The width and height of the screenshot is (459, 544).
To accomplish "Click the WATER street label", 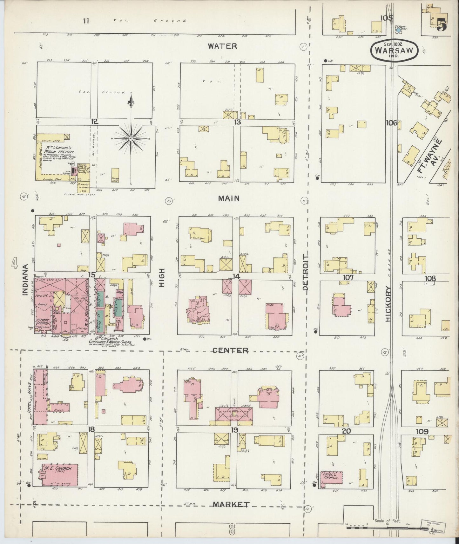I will point(222,46).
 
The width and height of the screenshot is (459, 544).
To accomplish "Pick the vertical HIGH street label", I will point(162,278).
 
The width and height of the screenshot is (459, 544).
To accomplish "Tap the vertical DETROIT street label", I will point(306,272).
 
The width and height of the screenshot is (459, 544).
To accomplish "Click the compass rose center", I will point(131,139).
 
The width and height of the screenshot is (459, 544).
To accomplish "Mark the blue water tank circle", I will point(398,30).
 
